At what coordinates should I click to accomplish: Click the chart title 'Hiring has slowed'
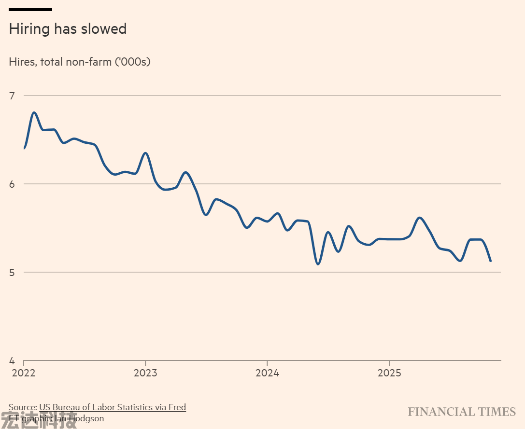[68, 29]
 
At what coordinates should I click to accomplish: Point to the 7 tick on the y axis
[12, 96]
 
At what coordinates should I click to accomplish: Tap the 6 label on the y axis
[12, 184]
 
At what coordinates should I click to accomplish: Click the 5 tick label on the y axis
[12, 272]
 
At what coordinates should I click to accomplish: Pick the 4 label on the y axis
[12, 360]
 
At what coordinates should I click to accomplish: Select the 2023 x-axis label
[145, 373]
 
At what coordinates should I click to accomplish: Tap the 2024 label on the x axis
[267, 373]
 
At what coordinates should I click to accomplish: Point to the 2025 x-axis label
[389, 373]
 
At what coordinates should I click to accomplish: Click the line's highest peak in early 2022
[34, 112]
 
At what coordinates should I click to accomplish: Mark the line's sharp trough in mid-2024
[317, 264]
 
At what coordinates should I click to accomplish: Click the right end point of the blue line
[491, 261]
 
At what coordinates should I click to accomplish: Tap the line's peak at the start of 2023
[145, 153]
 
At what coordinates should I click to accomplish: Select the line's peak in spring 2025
[419, 218]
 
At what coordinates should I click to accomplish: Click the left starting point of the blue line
[24, 149]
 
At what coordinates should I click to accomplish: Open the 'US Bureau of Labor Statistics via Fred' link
[113, 407]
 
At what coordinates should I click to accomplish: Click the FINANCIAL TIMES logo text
[462, 412]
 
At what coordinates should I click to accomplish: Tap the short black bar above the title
[30, 9]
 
